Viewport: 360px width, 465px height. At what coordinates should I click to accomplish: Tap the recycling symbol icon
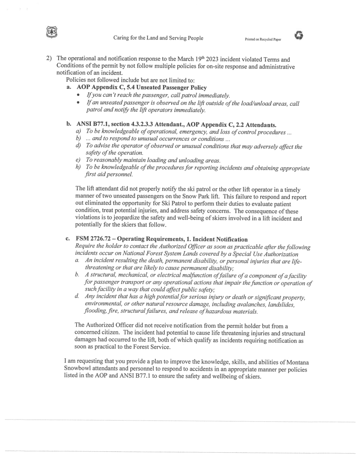point(298,36)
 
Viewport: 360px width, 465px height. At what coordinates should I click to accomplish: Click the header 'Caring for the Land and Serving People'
point(158,38)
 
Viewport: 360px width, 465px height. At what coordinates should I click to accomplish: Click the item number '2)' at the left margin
point(49,59)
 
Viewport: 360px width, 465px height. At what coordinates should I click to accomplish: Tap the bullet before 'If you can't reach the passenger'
point(79,95)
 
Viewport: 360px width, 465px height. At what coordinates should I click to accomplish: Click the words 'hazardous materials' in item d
point(230,312)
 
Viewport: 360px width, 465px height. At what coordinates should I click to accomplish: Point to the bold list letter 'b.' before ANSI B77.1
point(69,124)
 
